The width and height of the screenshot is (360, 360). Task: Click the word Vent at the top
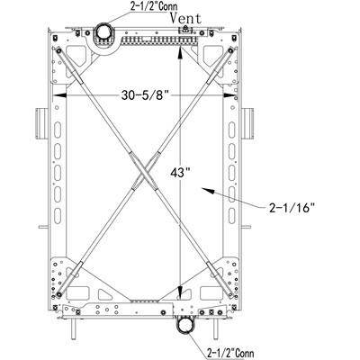185,19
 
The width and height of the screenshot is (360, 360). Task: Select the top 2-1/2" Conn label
154,6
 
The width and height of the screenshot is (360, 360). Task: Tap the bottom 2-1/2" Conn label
230,353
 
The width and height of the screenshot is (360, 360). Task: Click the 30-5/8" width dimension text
144,95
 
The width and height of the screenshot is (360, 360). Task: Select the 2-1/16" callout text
292,208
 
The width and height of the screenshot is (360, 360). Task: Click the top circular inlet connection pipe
103,32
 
